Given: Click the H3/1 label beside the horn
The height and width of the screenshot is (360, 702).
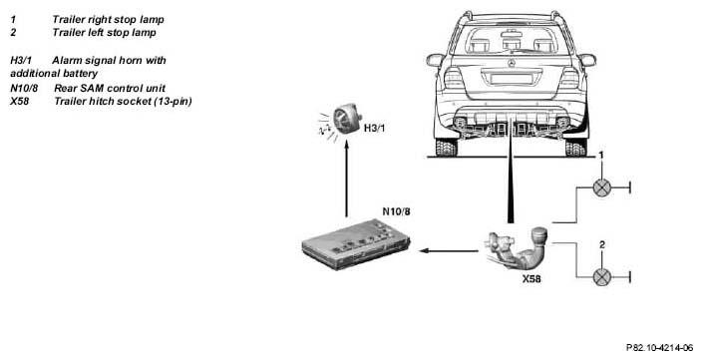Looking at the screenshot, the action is (374, 128).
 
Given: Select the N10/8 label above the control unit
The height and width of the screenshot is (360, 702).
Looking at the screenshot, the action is (396, 211).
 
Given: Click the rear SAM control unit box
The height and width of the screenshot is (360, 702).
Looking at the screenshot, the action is (356, 244).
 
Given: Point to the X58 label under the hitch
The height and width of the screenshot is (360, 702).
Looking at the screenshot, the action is (531, 278).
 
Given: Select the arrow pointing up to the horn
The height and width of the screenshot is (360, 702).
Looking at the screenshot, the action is (346, 179).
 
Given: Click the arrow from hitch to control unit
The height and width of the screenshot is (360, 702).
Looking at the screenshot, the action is (449, 250).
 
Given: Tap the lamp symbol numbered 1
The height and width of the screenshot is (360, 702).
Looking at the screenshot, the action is (601, 187).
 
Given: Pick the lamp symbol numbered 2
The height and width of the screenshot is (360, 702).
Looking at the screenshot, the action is (601, 277).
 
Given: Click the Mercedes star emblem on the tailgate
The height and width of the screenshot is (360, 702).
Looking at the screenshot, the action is (511, 63).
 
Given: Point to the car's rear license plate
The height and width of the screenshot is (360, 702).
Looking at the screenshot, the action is (511, 79).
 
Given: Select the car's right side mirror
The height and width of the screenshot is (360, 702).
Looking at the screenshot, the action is (587, 60).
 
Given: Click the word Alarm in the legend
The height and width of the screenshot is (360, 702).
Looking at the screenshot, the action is (68, 60).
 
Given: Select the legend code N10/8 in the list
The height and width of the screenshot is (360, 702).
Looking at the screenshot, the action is (24, 88).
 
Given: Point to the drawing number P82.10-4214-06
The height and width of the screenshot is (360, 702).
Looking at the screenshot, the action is (659, 348).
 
